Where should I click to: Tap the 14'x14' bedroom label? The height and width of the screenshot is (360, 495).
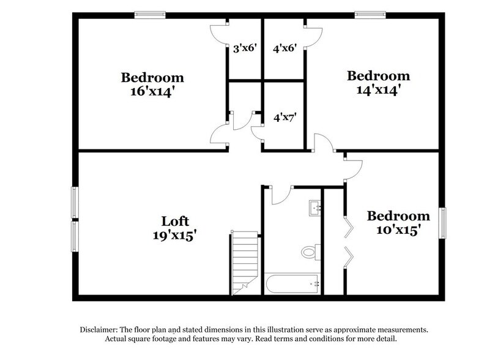pos(378,83)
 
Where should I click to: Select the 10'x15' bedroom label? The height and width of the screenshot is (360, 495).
pos(398,223)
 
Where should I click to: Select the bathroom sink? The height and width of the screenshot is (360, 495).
pos(316,208)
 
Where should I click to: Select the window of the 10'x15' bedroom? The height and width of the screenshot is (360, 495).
pos(442,223)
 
